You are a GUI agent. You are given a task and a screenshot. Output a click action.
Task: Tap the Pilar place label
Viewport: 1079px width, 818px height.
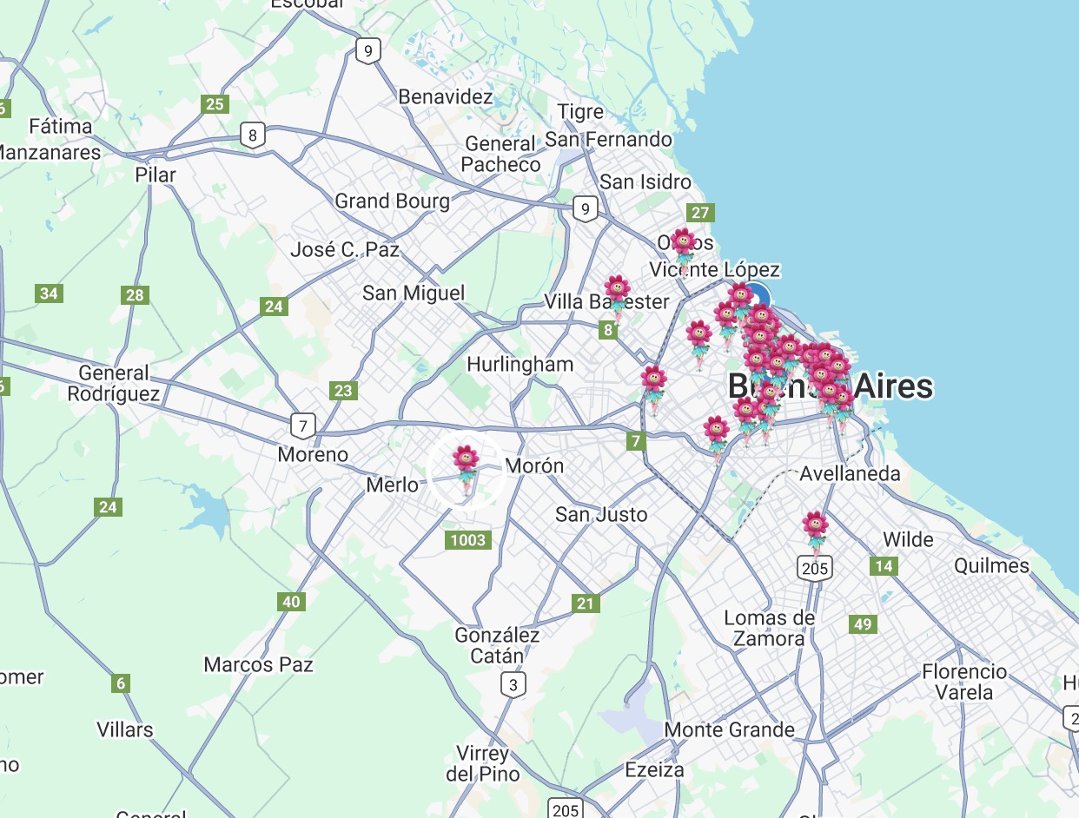tap(156, 175)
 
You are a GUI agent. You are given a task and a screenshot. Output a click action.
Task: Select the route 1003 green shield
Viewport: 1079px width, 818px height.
tap(467, 541)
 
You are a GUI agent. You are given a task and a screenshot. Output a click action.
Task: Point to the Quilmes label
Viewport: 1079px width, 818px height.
tap(991, 566)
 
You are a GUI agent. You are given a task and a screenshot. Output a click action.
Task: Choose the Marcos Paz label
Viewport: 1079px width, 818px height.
tap(258, 665)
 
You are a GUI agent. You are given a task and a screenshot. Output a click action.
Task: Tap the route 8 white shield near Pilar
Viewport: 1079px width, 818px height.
tap(252, 135)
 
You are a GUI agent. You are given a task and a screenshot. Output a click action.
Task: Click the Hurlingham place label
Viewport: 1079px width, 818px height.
tap(520, 365)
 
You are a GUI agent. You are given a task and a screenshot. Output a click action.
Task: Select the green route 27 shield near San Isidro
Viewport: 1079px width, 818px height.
tap(700, 213)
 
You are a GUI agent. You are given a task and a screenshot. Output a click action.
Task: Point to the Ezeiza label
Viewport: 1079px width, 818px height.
tap(654, 769)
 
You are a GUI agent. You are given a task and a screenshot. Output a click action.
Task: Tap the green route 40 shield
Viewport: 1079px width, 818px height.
tap(291, 602)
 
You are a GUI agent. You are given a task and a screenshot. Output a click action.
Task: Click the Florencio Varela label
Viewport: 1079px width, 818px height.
tap(964, 682)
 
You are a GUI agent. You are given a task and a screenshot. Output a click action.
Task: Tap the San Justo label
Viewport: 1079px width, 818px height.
tap(601, 514)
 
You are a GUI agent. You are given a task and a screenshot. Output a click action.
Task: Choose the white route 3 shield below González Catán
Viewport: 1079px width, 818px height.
tap(513, 686)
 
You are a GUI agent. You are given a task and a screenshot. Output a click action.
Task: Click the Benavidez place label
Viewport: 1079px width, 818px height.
tap(446, 96)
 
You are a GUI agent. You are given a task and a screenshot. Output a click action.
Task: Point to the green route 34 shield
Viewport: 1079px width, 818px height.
tap(49, 294)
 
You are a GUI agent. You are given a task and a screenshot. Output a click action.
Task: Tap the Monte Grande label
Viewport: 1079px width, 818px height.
tap(729, 729)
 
